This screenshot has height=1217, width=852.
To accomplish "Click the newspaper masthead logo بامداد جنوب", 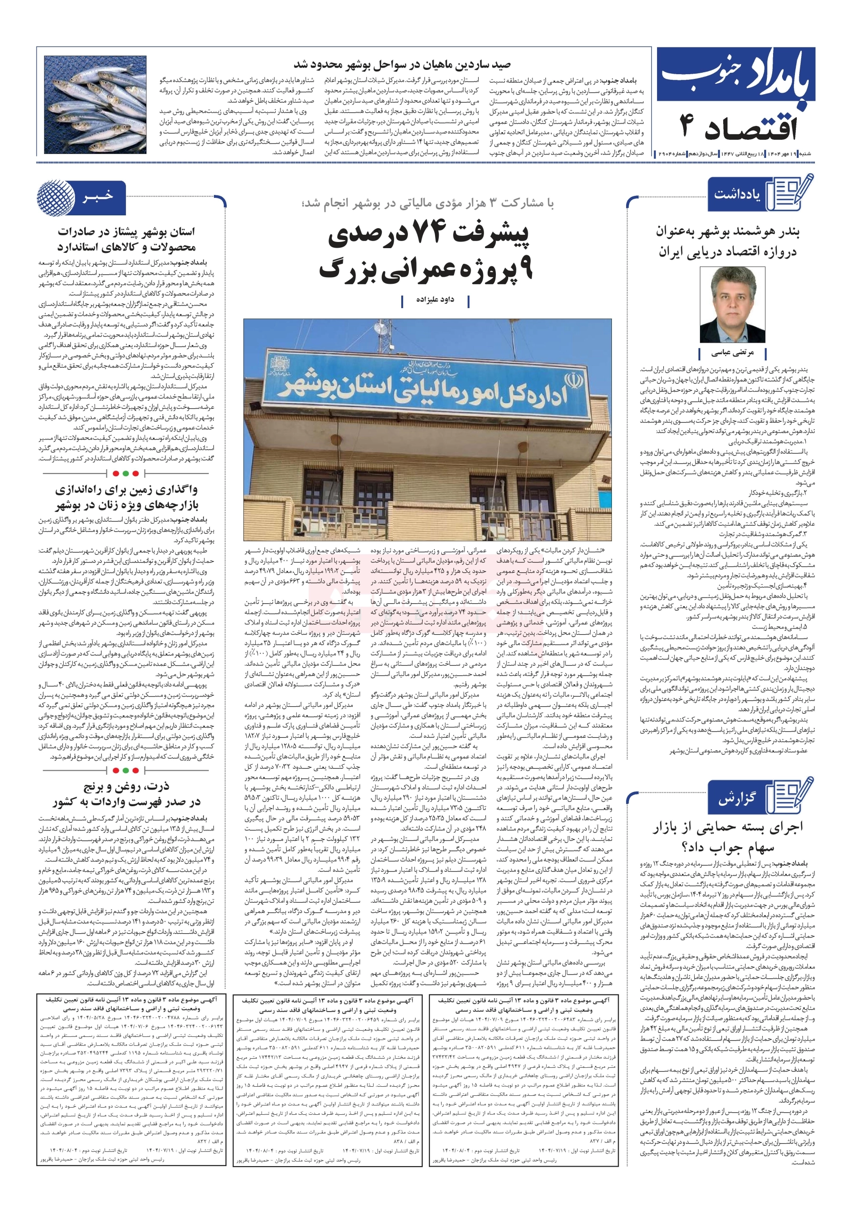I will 734,79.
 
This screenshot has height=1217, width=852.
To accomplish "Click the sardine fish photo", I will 96,105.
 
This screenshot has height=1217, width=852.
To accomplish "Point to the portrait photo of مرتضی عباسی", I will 733,304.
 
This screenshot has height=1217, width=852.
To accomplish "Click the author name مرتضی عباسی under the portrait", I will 732,352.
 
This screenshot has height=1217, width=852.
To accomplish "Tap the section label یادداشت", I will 737,194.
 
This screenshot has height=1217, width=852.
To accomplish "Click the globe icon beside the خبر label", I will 56,198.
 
